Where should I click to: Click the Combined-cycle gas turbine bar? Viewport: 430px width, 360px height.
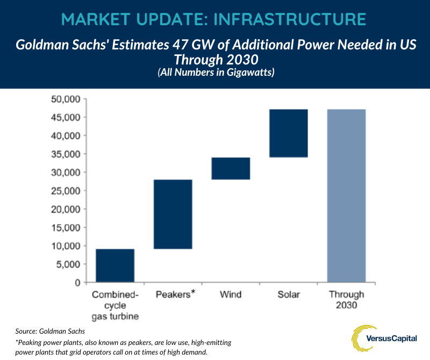(115, 265)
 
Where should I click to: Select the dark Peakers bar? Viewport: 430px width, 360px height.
(173, 214)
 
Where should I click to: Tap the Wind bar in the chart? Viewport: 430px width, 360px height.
(231, 168)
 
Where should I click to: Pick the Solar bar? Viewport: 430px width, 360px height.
(289, 133)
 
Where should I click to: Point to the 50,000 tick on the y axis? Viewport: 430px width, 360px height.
(65, 99)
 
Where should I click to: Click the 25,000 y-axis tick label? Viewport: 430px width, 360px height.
(65, 191)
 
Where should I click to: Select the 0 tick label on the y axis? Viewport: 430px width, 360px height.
(77, 283)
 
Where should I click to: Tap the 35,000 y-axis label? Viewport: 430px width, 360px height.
(65, 154)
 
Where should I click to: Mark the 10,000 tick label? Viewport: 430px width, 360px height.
(65, 246)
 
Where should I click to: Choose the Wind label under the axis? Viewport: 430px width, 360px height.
(231, 294)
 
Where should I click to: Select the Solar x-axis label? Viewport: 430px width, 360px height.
(289, 294)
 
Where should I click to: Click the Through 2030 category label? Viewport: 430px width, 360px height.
(347, 300)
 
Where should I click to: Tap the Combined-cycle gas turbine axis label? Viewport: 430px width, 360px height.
(115, 305)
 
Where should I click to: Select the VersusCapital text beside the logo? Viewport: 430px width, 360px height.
(398, 339)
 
